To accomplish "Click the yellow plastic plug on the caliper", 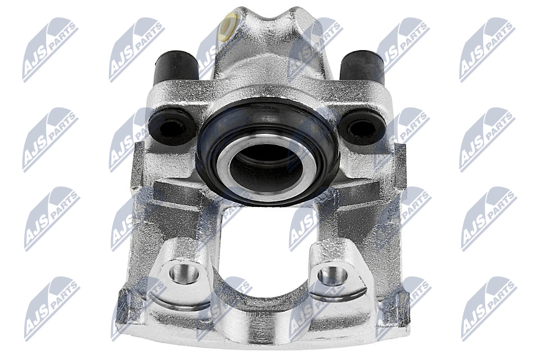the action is pos(229,26).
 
